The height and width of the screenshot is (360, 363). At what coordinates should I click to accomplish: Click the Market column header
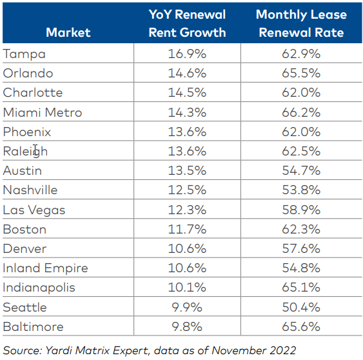(68, 32)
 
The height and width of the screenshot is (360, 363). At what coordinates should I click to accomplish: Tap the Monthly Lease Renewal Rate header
(300, 23)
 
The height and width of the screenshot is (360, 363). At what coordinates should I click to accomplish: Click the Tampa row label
(24, 54)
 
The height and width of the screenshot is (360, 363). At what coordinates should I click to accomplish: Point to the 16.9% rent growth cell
(186, 54)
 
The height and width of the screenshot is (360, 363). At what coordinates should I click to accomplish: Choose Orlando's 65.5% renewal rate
(300, 73)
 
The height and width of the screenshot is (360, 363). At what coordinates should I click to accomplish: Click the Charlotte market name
(33, 92)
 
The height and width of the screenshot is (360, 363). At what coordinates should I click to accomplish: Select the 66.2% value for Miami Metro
(300, 112)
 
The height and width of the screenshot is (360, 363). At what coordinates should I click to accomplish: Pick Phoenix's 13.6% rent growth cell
(186, 132)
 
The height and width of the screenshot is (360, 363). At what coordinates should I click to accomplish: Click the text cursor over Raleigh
(37, 150)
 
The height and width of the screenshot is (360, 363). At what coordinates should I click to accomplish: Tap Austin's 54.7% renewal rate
(300, 171)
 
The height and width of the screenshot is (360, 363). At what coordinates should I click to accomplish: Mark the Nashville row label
(30, 190)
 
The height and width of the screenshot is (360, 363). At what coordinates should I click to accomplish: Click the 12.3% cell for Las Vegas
(186, 210)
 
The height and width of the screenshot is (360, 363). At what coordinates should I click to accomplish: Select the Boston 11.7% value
(186, 229)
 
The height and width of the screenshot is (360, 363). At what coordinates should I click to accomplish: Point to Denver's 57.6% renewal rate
(300, 248)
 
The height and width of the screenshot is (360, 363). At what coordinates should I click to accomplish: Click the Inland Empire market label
(45, 268)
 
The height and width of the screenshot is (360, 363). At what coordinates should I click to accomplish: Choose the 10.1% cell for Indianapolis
(186, 288)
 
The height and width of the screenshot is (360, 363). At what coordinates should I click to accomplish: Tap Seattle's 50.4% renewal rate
(300, 307)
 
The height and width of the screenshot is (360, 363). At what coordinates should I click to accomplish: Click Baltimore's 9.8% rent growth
(186, 326)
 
